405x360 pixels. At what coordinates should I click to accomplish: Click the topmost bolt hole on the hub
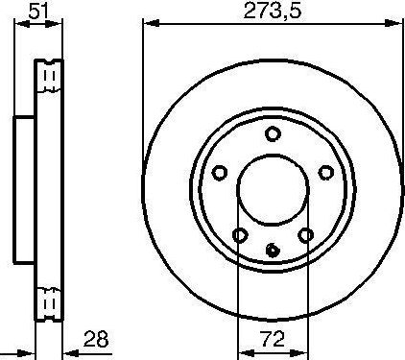(273, 134)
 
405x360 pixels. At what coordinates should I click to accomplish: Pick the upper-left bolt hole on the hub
(219, 173)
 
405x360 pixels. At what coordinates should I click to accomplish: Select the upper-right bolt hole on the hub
(325, 173)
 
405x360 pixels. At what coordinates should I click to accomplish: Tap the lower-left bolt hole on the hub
(239, 235)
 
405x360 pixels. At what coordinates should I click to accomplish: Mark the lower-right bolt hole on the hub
(305, 235)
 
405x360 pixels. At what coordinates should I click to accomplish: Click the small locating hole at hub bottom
(273, 252)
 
